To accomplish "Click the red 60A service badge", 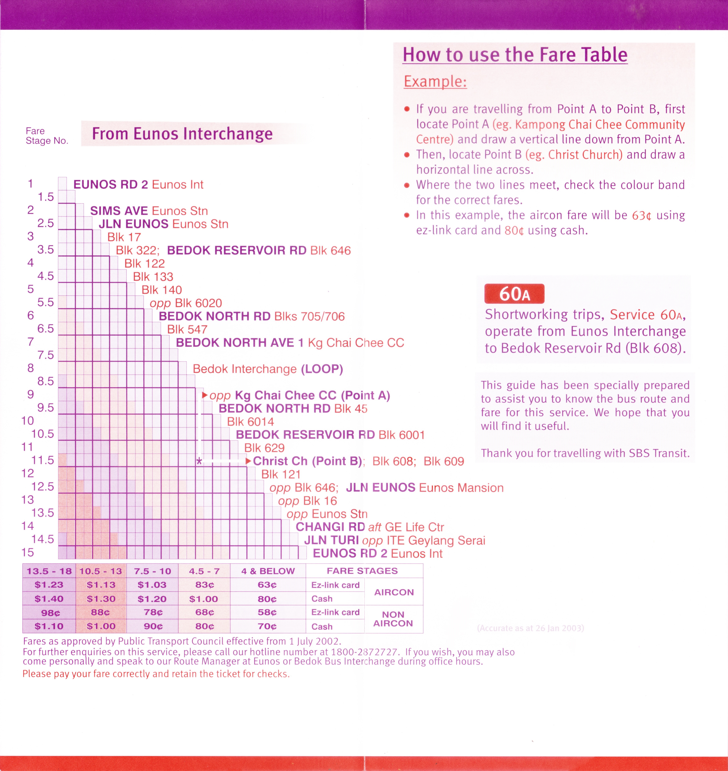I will click(x=514, y=294).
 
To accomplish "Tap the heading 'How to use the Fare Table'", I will click(x=515, y=55).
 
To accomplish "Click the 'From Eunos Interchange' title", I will click(x=182, y=134).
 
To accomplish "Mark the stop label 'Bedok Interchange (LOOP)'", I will click(x=267, y=369).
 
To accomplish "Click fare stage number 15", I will click(x=28, y=552).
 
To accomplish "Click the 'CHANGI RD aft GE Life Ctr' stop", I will click(x=370, y=527).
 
